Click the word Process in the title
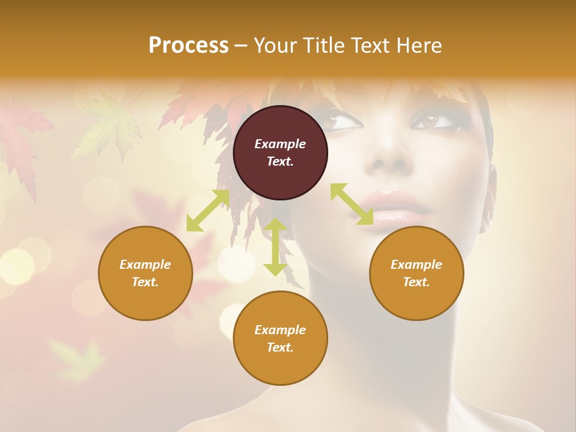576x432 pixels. (188, 46)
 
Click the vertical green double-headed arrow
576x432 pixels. (275, 247)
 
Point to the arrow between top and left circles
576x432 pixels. (208, 211)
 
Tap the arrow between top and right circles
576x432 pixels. (352, 204)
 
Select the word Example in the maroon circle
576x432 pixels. (280, 144)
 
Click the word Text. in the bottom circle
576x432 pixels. (280, 347)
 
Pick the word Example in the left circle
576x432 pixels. (145, 265)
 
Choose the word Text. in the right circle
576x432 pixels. (416, 282)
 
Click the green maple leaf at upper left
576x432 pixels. (108, 123)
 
